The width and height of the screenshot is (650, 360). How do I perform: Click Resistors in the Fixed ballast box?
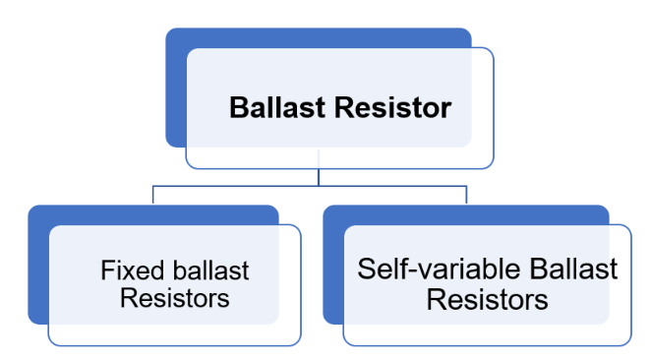(174, 297)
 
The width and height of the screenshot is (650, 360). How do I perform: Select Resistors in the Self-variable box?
(487, 298)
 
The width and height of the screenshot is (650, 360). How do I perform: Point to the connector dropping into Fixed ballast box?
(153, 195)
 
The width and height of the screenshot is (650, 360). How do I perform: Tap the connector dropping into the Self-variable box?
(465, 195)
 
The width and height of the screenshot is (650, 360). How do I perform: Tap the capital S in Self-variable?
(367, 270)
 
